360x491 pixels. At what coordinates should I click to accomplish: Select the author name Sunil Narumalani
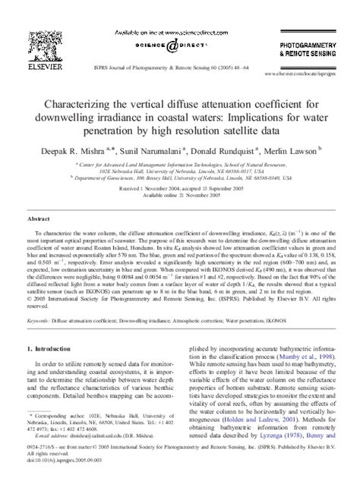tap(159, 150)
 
